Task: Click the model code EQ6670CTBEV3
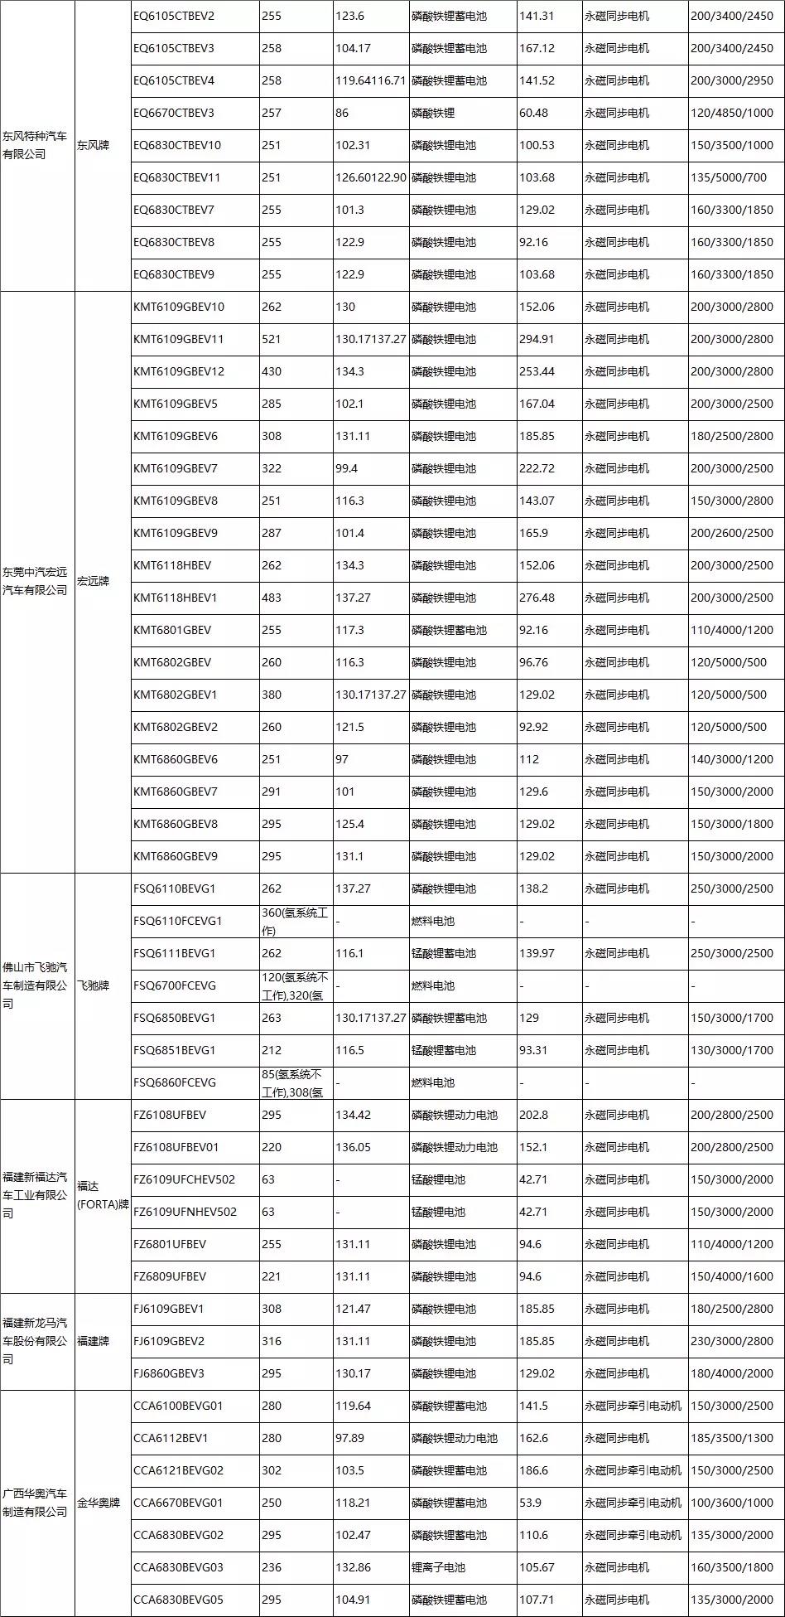[173, 113]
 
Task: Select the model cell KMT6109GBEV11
[178, 339]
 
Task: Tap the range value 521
[272, 339]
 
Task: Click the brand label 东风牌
[93, 145]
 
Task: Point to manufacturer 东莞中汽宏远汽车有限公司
[35, 581]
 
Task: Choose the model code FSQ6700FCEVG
[174, 985]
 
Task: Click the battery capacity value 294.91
[537, 339]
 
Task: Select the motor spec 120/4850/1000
[731, 113]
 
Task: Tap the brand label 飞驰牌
[93, 985]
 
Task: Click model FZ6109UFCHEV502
[184, 1179]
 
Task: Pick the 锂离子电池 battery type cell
[438, 1567]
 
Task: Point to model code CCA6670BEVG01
[178, 1503]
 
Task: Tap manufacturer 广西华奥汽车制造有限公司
[35, 1503]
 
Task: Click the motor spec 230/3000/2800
[731, 1341]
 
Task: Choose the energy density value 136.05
[353, 1147]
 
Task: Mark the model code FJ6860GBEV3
[168, 1373]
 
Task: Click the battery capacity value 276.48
[537, 598]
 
